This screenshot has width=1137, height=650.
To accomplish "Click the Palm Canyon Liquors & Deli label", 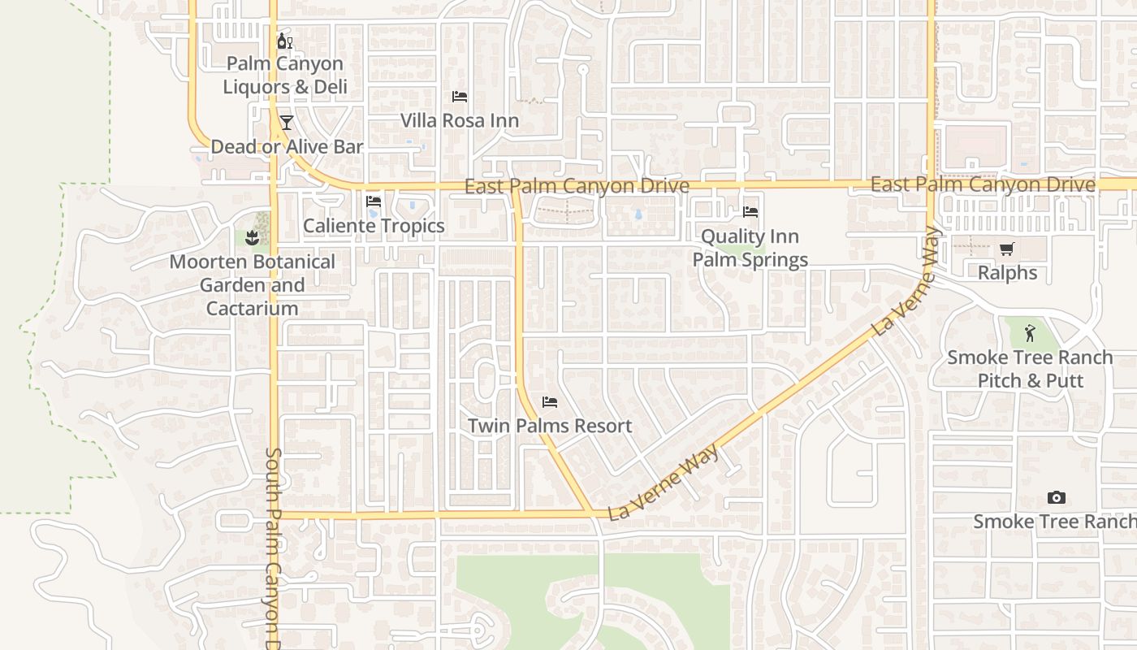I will click(x=284, y=75).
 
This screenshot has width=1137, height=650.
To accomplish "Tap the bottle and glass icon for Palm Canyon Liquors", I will click(x=284, y=41).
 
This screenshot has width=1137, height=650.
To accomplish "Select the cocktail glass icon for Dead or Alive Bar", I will click(x=286, y=123).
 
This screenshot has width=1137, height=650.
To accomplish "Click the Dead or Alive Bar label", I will click(x=287, y=147).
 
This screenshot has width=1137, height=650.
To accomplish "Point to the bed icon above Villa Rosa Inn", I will click(x=460, y=97).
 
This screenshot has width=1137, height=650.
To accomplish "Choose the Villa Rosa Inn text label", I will click(x=460, y=121).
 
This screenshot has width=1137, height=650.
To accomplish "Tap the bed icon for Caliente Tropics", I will click(x=374, y=201).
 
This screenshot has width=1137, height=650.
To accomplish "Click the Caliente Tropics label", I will click(x=374, y=226).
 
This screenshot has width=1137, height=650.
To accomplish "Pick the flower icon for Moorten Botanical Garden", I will click(x=252, y=237).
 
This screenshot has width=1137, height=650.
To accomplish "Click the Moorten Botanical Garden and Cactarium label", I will click(x=252, y=285).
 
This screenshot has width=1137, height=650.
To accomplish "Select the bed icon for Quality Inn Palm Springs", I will click(x=750, y=212).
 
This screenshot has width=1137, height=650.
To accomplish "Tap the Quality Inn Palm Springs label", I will click(x=750, y=248).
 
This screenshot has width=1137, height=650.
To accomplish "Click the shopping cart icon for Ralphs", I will click(x=1007, y=249).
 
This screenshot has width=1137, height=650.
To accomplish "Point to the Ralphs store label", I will click(x=1007, y=273).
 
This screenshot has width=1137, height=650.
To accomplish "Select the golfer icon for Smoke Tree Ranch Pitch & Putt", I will click(x=1031, y=332).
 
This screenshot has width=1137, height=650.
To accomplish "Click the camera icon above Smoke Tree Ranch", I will click(x=1056, y=497).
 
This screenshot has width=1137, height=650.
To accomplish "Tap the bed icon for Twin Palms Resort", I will click(x=550, y=401).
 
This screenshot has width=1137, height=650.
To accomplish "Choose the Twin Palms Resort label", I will click(x=550, y=426).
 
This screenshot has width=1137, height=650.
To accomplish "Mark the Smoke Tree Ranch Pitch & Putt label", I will click(x=1031, y=369).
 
